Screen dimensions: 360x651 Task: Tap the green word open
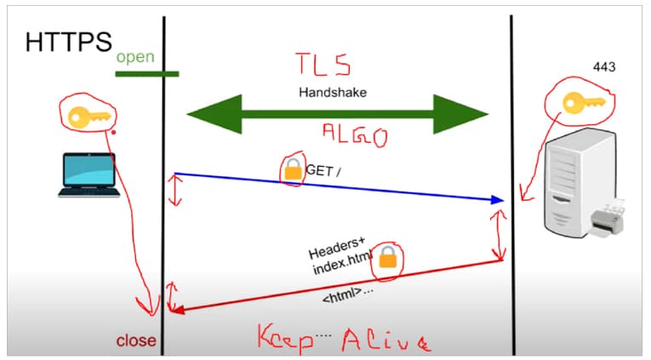[135, 58]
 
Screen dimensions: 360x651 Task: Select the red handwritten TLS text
[323, 64]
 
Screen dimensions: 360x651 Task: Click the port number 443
[604, 66]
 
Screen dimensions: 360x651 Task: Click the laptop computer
[89, 174]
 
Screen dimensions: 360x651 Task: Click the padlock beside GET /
[294, 172]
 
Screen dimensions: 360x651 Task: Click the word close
[136, 340]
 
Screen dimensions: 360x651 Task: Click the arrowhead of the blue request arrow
[496, 200]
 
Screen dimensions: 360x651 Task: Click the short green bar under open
[146, 74]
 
